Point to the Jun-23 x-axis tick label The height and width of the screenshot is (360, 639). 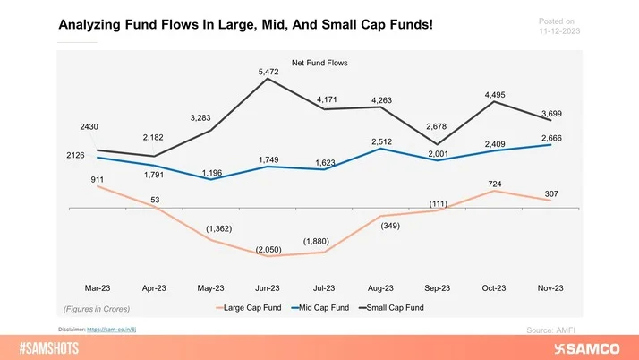point(268,288)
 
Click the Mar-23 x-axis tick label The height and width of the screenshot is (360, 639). point(97,288)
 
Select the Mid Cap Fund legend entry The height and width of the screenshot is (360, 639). point(323,308)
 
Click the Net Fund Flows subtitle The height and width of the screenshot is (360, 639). point(319,63)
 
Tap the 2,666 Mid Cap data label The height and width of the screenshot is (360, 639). point(551,136)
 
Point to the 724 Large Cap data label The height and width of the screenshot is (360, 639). point(494,184)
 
